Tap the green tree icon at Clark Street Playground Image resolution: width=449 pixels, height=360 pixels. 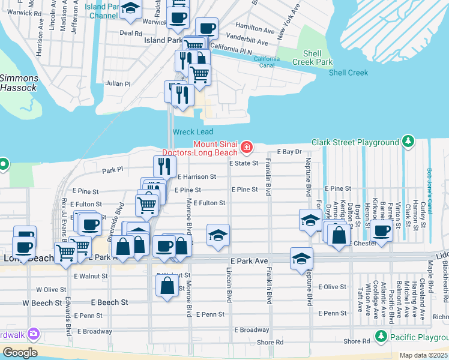coord(408,142)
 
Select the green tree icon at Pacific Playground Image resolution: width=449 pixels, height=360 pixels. coord(379,336)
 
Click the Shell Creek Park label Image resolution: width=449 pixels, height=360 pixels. coord(312,58)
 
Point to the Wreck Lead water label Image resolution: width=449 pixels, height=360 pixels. coord(193,132)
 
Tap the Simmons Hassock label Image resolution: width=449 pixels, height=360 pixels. coord(19,83)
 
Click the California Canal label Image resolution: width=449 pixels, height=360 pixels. coord(266,62)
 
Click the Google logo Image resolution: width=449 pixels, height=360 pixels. coord(19,352)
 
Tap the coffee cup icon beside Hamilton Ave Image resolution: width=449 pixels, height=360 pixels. coord(206,28)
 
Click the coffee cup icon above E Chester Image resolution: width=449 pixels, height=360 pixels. coord(381,229)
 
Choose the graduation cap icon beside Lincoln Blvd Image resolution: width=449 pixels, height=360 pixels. coord(218,234)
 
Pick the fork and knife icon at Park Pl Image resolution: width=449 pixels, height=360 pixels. coord(161,165)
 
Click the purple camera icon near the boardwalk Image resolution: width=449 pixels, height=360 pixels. coord(34,333)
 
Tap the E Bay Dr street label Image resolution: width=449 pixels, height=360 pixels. coord(289,152)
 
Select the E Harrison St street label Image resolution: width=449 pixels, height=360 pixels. coord(196,177)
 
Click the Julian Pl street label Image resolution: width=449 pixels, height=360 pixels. coord(118,84)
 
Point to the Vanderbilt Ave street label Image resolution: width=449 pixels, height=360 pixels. coord(248,41)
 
